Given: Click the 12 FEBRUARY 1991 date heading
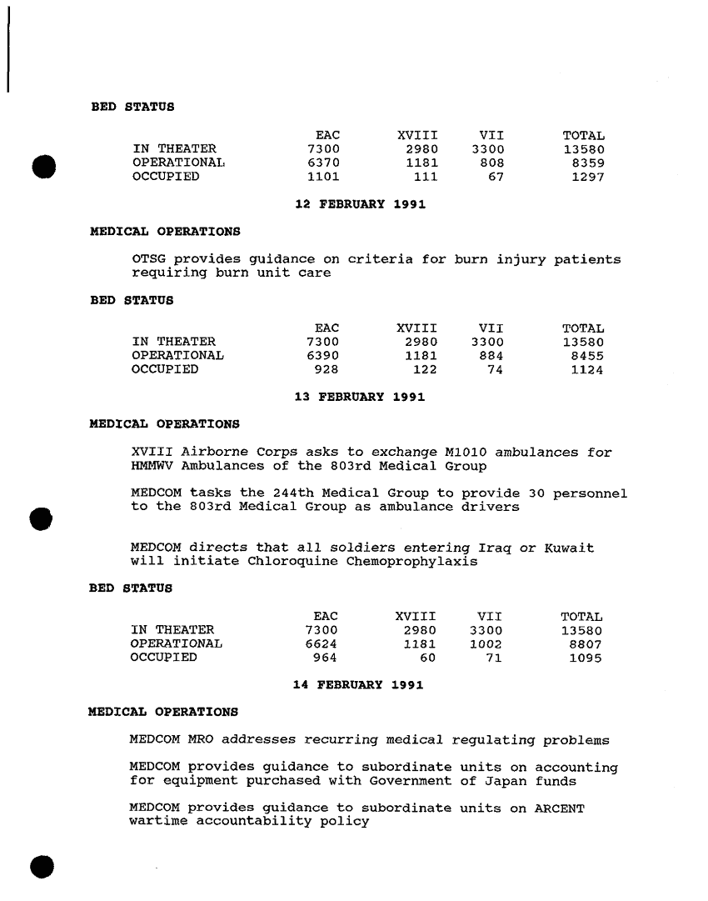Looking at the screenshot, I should point(361,204).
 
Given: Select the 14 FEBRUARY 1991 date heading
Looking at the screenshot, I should point(358,685).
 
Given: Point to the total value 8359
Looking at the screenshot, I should point(588,163).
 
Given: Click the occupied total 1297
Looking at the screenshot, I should point(587,177).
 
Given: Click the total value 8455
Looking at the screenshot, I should point(587,355).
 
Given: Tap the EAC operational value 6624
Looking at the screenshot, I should point(322,643).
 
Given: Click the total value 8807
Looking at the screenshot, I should point(586,643).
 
